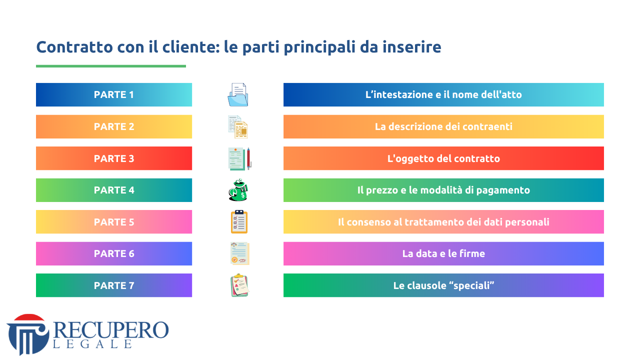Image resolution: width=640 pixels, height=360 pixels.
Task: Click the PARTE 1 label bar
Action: (x=114, y=94)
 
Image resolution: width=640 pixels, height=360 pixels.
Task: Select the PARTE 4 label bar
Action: (x=114, y=190)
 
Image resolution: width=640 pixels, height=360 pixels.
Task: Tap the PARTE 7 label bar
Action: (x=114, y=285)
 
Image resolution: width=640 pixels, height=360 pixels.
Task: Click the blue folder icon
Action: (x=238, y=95)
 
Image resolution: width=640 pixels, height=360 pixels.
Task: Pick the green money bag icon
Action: (x=238, y=190)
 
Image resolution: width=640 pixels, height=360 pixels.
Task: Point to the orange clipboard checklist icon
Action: (x=239, y=222)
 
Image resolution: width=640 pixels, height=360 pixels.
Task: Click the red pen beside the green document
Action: (x=248, y=158)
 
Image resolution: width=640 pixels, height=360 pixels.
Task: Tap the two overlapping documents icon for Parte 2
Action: (x=238, y=127)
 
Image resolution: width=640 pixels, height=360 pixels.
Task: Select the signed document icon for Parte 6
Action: (x=239, y=253)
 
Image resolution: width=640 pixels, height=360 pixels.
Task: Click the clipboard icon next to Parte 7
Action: (x=239, y=285)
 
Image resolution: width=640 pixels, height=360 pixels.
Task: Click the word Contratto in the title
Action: (x=74, y=47)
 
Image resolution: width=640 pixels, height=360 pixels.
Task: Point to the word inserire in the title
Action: (x=411, y=47)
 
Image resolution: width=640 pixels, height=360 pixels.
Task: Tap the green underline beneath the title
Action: (x=111, y=66)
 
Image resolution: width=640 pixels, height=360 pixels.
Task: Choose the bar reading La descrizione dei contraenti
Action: (x=443, y=126)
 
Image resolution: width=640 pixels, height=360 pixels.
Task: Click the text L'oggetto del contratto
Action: (x=443, y=158)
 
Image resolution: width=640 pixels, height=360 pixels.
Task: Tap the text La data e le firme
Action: (x=443, y=253)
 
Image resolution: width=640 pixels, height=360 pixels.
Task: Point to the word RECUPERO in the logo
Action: (x=111, y=330)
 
